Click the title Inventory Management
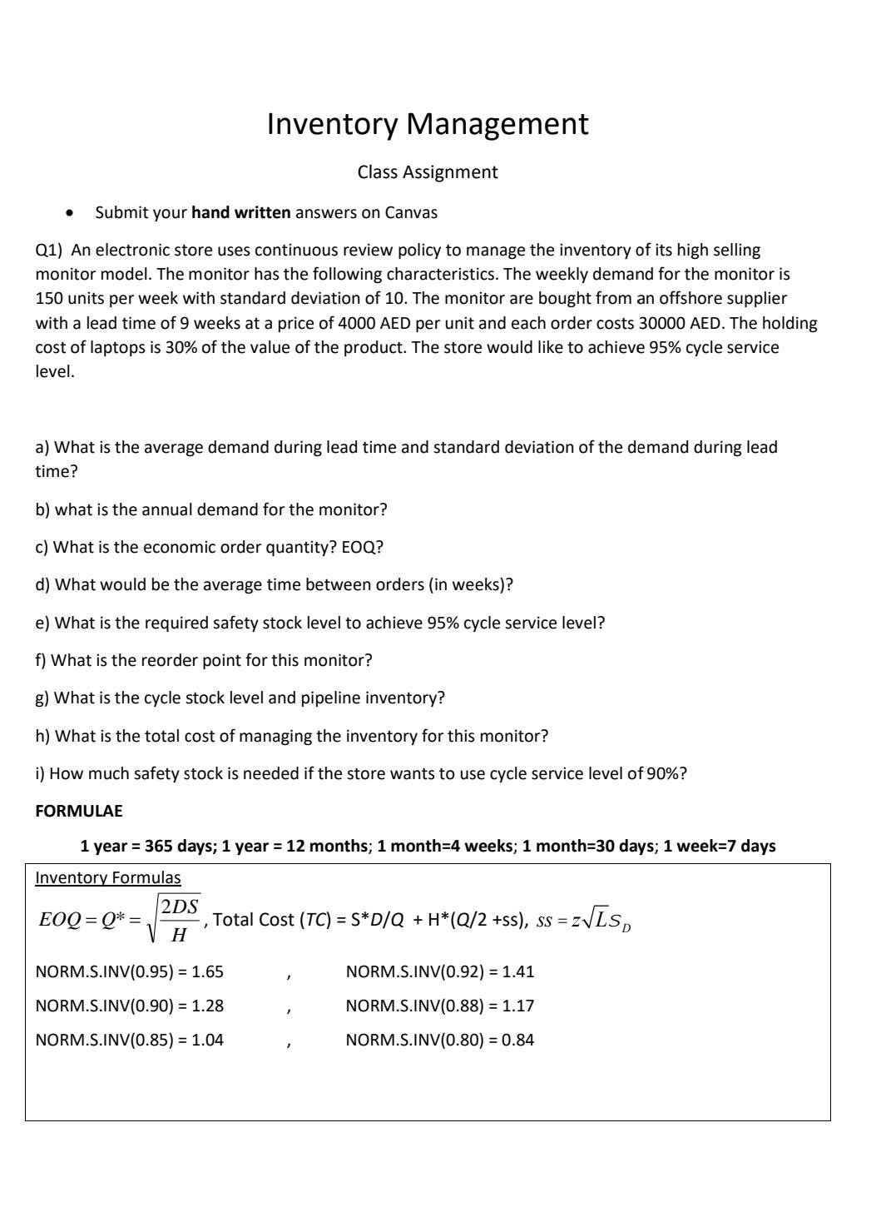point(427,124)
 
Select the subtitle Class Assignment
point(427,172)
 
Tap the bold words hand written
point(240,212)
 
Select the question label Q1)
point(49,250)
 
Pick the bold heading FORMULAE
point(78,811)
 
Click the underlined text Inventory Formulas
point(107,877)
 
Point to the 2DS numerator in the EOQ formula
point(180,907)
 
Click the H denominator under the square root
point(178,936)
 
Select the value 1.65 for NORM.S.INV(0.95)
point(207,971)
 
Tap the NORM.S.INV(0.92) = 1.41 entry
point(439,971)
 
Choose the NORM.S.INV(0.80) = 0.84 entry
point(439,1040)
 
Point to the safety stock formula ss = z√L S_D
point(583,921)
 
